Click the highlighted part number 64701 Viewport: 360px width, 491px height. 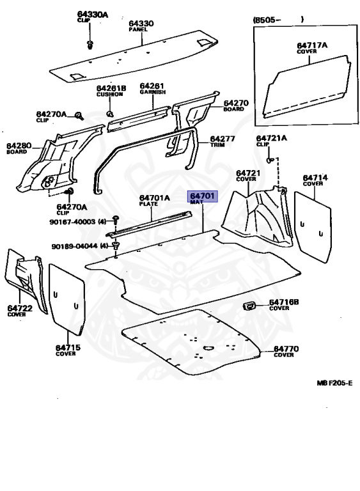point(203,196)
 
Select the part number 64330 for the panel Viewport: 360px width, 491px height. point(141,24)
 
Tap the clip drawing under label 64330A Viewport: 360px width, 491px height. point(90,45)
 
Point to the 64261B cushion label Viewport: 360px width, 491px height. point(111,91)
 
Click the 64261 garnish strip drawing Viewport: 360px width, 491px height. point(139,119)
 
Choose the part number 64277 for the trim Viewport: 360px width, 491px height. point(222,139)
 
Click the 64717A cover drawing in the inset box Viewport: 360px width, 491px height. point(307,87)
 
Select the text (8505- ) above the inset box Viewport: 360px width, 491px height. point(278,20)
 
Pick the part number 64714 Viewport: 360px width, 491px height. point(315,178)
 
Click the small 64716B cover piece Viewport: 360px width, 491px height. point(250,306)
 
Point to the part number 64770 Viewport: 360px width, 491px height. point(286,348)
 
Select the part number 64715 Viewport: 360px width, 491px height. point(68,347)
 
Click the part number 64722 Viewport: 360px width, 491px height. point(20,308)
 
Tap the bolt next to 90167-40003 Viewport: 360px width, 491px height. point(116,219)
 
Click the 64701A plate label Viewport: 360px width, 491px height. point(155,200)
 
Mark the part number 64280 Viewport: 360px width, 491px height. point(19,146)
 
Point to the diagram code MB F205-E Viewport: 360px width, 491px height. point(334,383)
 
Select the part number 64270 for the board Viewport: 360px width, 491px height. point(235,103)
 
